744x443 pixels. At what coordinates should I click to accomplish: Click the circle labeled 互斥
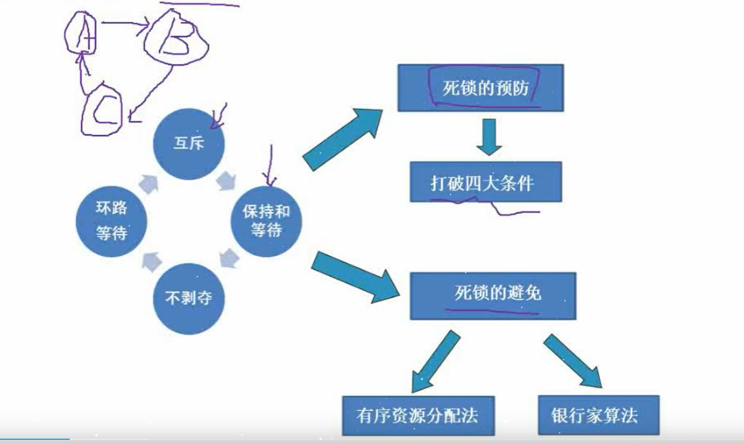pos(188,144)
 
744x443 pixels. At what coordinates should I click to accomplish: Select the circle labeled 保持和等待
pos(266,221)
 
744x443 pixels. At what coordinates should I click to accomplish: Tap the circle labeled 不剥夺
pos(188,298)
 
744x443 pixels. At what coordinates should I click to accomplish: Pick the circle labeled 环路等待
pos(112,221)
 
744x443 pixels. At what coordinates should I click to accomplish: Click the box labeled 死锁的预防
pos(481,88)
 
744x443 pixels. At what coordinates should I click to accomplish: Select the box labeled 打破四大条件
pos(485,182)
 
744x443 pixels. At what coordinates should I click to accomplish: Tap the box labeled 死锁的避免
pos(492,295)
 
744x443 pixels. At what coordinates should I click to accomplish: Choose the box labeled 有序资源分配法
pos(418,415)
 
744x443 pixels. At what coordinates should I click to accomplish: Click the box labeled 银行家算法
pos(598,415)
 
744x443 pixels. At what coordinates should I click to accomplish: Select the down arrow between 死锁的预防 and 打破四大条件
pos(489,136)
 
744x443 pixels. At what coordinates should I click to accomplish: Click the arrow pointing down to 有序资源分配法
pos(435,361)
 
